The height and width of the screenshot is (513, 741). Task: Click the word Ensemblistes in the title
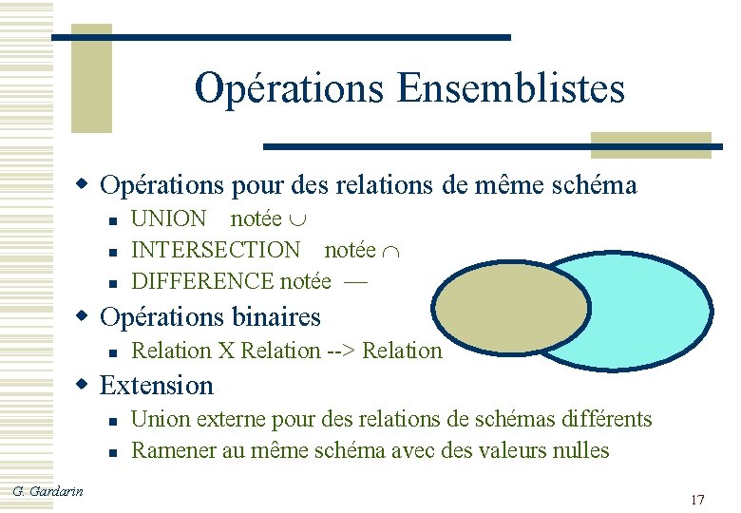[511, 88]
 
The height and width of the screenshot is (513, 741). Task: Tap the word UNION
[168, 219]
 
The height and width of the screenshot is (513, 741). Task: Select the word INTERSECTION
[215, 250]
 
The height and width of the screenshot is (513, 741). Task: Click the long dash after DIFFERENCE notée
[356, 282]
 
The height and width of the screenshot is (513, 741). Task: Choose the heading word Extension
[157, 386]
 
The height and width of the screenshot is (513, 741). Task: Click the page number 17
[697, 500]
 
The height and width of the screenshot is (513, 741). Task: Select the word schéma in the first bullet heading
[589, 184]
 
